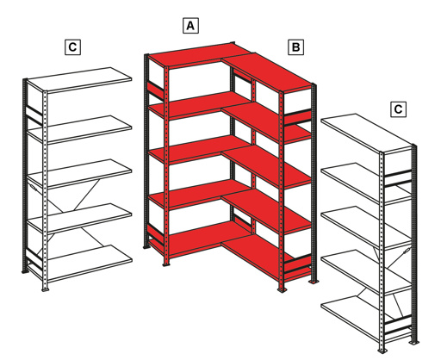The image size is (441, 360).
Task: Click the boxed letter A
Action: pyautogui.click(x=191, y=25)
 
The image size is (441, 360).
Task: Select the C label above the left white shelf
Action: pyautogui.click(x=73, y=47)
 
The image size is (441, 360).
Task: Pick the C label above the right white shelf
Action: pyautogui.click(x=397, y=109)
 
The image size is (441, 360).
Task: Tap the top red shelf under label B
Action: pyautogui.click(x=271, y=73)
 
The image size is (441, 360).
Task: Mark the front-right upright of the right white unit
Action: pyautogui.click(x=414, y=250)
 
